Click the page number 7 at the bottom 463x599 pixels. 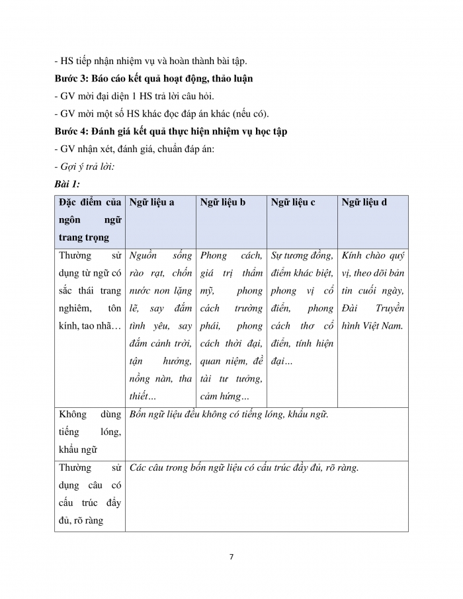pyautogui.click(x=231, y=557)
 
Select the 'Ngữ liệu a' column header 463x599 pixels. pyautogui.click(x=152, y=202)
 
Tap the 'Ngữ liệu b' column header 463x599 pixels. pyautogui.click(x=223, y=202)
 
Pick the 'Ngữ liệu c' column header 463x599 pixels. pyautogui.click(x=293, y=202)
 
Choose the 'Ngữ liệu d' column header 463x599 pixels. pyautogui.click(x=364, y=202)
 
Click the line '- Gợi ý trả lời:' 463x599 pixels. pyautogui.click(x=85, y=166)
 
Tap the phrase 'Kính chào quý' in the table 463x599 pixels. pyautogui.click(x=374, y=255)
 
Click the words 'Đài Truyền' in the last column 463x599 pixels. pyautogui.click(x=374, y=308)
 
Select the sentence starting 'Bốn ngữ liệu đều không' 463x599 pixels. pyautogui.click(x=229, y=415)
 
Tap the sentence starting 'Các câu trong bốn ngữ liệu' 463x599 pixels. pyautogui.click(x=244, y=467)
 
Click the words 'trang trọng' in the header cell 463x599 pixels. pyautogui.click(x=84, y=237)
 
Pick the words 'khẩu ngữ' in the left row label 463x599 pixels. pyautogui.click(x=78, y=450)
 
